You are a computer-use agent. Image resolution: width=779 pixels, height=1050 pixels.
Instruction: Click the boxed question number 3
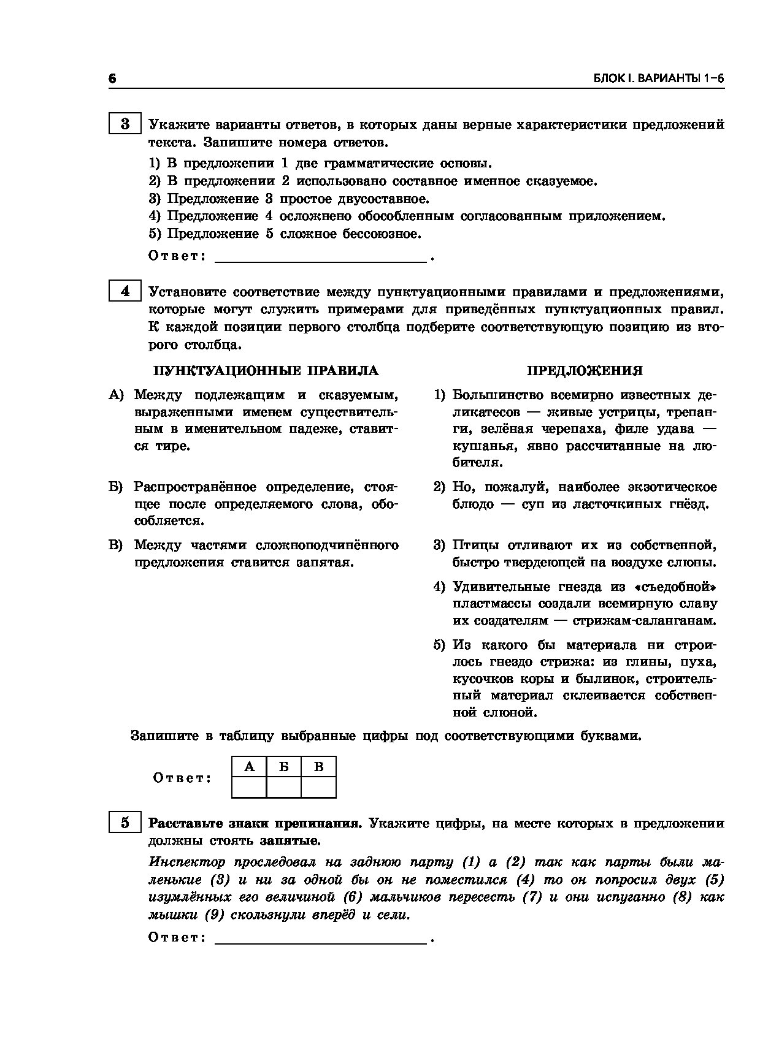pyautogui.click(x=125, y=124)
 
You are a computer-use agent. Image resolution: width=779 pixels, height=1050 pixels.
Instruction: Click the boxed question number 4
pyautogui.click(x=125, y=291)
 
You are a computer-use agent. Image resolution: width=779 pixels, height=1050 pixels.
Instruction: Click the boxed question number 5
pyautogui.click(x=125, y=823)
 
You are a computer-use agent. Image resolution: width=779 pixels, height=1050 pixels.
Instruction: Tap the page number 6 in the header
pyautogui.click(x=112, y=79)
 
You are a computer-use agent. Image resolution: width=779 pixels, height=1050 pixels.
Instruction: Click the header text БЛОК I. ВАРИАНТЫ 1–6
pyautogui.click(x=659, y=79)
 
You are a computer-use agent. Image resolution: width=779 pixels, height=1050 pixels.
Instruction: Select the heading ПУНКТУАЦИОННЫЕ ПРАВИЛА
pyautogui.click(x=266, y=371)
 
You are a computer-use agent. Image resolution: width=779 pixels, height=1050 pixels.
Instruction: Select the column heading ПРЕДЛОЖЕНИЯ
pyautogui.click(x=585, y=371)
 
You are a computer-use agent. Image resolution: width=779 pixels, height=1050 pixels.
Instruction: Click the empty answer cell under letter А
pyautogui.click(x=249, y=786)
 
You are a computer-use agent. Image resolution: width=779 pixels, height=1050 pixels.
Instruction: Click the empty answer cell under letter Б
pyautogui.click(x=283, y=786)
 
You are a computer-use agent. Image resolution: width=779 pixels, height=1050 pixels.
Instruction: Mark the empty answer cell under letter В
pyautogui.click(x=318, y=786)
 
